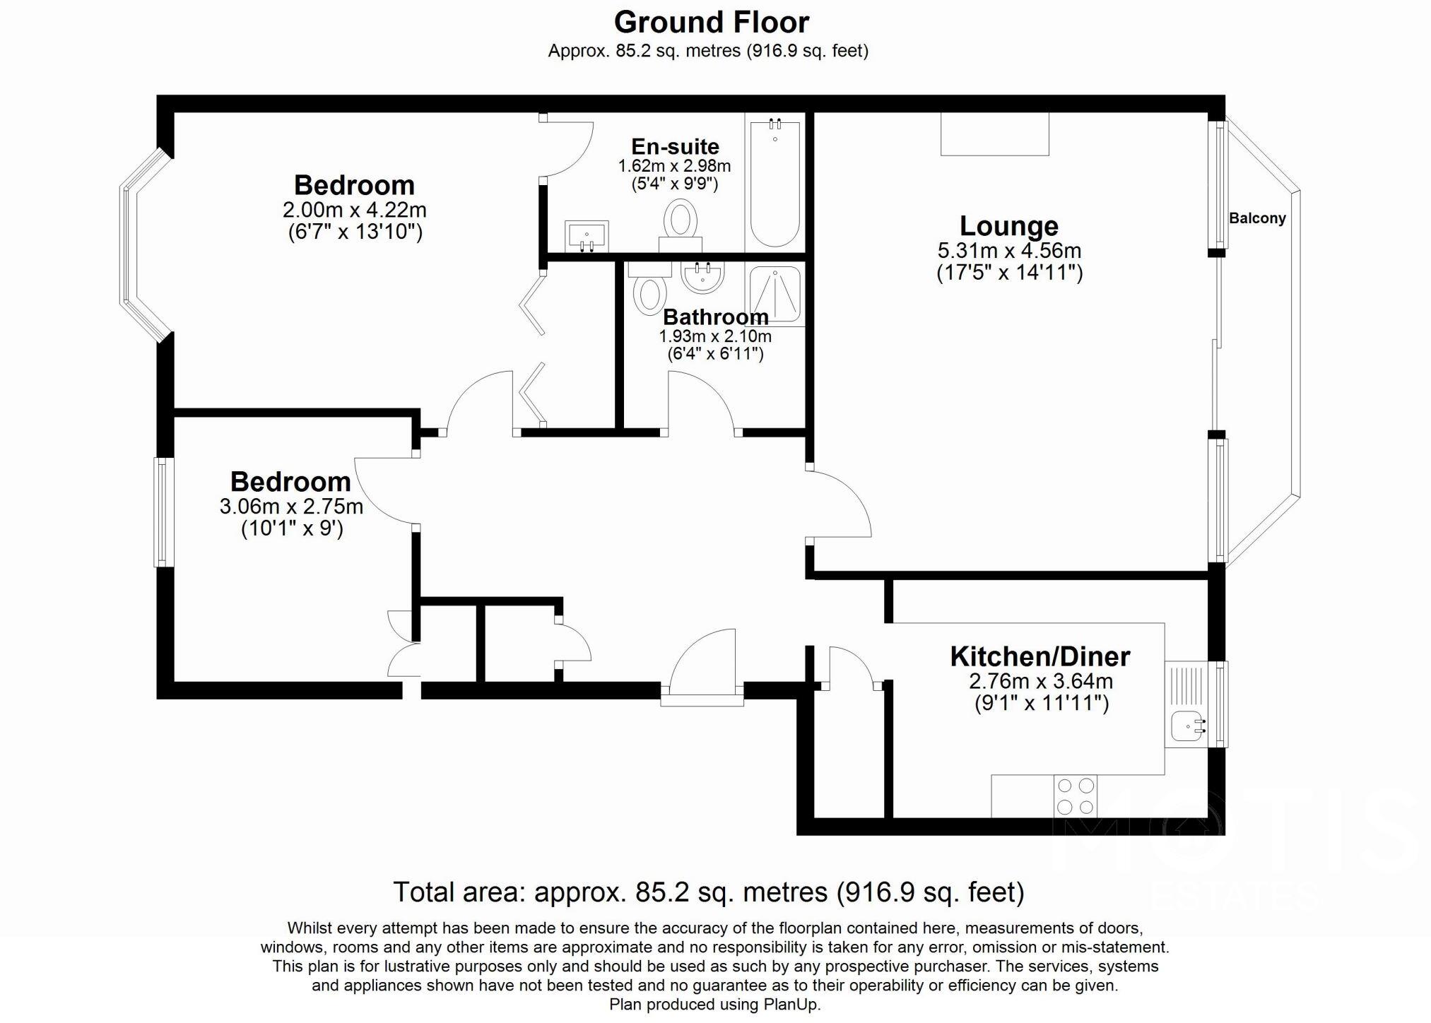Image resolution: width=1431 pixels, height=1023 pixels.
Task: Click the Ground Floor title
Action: pyautogui.click(x=711, y=23)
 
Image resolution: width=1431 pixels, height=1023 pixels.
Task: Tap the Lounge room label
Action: pyautogui.click(x=1008, y=226)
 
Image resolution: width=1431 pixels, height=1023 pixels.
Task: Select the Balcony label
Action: pyautogui.click(x=1257, y=218)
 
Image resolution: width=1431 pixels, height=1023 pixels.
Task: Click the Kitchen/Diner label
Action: pyautogui.click(x=1040, y=656)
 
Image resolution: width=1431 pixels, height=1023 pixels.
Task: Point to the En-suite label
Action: pyautogui.click(x=675, y=146)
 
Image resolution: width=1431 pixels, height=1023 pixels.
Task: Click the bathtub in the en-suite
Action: pyautogui.click(x=775, y=184)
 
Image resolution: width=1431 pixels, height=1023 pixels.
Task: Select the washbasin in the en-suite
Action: pyautogui.click(x=587, y=235)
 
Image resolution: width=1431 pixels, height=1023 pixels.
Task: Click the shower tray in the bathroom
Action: pyautogui.click(x=776, y=293)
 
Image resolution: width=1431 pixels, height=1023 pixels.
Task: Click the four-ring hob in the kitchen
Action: pyautogui.click(x=1075, y=796)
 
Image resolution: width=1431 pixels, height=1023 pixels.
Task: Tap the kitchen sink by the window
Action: pyautogui.click(x=1189, y=726)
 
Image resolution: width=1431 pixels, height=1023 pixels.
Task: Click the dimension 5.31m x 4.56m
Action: pyautogui.click(x=1009, y=251)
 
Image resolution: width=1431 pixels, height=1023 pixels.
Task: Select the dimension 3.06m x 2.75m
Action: pyautogui.click(x=291, y=507)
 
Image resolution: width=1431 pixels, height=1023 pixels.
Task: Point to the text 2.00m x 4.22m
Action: pyautogui.click(x=354, y=210)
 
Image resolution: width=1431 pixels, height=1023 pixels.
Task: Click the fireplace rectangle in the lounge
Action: pyautogui.click(x=994, y=134)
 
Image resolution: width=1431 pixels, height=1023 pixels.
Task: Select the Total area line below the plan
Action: pyautogui.click(x=708, y=892)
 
